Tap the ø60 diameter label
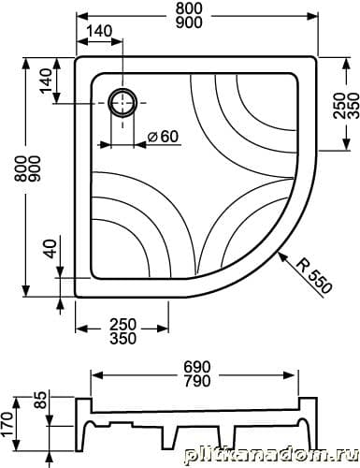tap(163, 137)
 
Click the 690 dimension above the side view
tap(196, 367)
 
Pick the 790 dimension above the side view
tap(196, 381)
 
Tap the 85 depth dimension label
tap(40, 401)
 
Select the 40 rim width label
tap(50, 249)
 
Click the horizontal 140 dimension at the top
tap(99, 31)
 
